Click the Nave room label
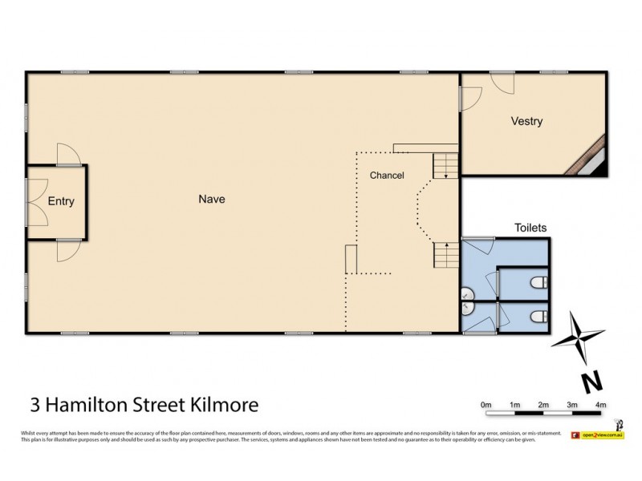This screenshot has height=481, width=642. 212,200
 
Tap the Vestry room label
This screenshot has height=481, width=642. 526,122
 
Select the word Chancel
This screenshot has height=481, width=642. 386,176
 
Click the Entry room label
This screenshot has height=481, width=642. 61,201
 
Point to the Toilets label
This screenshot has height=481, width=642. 530,228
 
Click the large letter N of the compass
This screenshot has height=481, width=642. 591,380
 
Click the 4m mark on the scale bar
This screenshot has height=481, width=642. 601,405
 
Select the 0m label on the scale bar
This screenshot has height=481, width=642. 486,405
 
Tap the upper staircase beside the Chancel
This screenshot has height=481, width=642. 444,166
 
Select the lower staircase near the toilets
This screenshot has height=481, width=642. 444,257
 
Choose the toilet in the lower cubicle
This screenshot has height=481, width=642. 539,316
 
